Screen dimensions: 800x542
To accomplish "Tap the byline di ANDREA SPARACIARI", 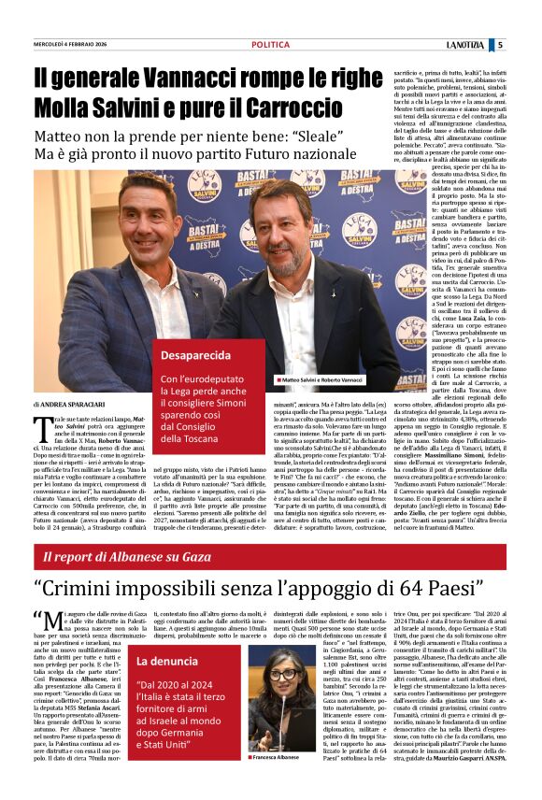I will (70, 403).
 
